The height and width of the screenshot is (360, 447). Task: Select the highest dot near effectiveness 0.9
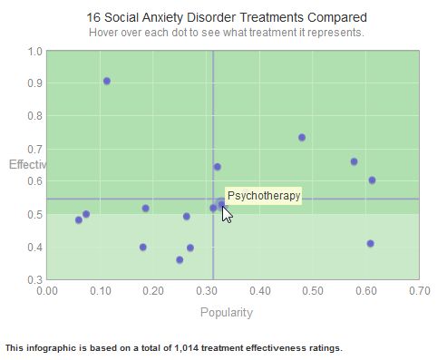pos(107,81)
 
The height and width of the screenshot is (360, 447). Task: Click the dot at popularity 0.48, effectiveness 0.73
pos(302,138)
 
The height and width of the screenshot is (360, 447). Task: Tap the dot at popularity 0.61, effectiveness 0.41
pos(370,243)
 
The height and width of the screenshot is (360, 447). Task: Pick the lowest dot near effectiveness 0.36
pos(180,259)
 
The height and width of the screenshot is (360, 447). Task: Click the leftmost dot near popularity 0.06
pos(79,219)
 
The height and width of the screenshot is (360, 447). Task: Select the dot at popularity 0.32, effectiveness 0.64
pos(218,167)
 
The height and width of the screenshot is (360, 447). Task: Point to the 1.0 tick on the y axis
pos(35,51)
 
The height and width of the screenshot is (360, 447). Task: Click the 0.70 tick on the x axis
pos(419,291)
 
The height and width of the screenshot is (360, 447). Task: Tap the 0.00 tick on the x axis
pos(45,291)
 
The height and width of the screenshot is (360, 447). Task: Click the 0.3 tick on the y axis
pos(35,280)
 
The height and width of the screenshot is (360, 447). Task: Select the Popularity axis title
pos(226,313)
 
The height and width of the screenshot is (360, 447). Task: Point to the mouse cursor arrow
pos(227,214)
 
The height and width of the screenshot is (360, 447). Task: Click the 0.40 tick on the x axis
pos(259,291)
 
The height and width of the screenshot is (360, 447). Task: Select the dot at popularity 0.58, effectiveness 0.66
pos(355,161)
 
